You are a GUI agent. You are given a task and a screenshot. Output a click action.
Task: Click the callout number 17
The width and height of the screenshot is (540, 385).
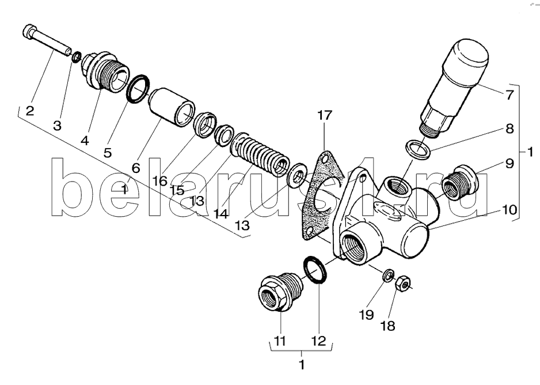coord(324,115)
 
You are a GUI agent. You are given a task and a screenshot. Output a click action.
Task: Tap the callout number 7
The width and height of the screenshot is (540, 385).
coord(509,95)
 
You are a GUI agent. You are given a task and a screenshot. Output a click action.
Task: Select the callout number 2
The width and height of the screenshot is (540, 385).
coord(30,111)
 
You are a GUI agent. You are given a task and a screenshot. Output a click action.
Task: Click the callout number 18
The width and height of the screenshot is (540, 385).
coord(388,326)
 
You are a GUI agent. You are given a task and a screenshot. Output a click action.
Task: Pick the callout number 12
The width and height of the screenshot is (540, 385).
coord(318,341)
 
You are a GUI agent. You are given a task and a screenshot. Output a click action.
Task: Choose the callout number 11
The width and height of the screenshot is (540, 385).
coord(280,341)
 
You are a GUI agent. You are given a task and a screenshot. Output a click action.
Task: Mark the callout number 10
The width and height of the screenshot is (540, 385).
coord(509,209)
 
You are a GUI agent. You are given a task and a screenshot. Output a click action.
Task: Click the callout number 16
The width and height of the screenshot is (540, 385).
coord(160,180)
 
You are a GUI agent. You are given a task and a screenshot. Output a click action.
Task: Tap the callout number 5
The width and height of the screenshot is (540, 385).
coord(108,152)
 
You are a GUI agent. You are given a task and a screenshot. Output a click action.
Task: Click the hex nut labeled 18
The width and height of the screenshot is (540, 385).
coord(402,284)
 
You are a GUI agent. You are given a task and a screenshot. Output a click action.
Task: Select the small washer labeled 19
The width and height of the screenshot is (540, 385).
coord(389,275)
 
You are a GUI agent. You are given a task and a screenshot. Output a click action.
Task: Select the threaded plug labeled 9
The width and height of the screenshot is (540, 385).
coord(459,183)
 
